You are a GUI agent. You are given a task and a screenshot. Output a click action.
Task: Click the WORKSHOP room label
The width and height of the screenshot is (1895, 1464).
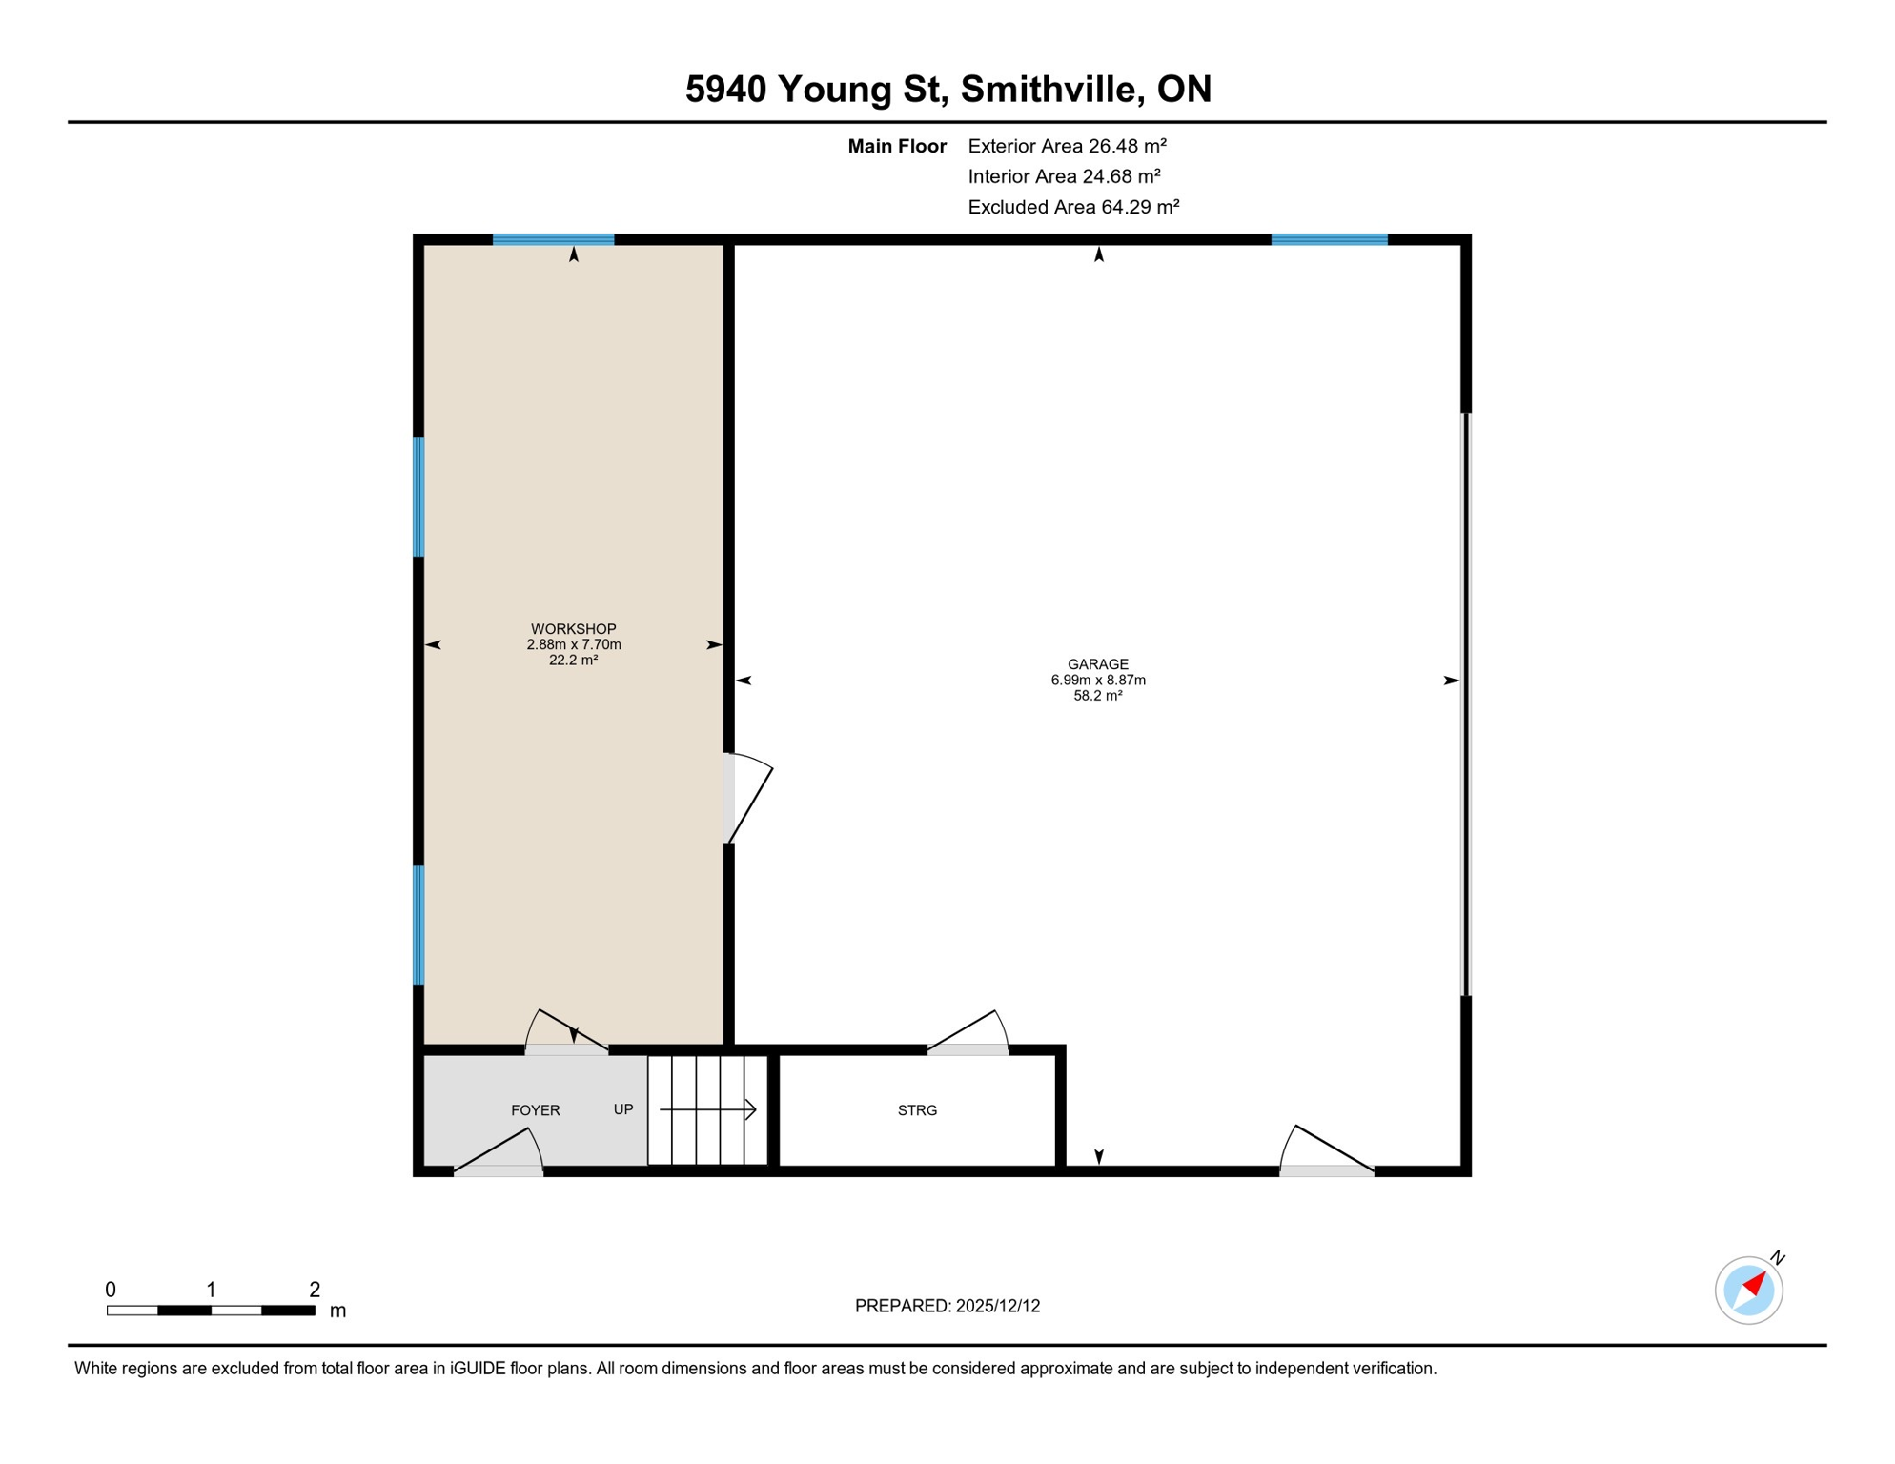point(573,629)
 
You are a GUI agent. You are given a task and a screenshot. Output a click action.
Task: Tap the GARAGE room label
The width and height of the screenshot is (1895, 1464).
point(1097,664)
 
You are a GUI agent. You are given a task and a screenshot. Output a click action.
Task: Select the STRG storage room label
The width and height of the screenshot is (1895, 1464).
point(917,1110)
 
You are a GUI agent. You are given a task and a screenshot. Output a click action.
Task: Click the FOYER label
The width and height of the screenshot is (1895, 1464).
point(535,1110)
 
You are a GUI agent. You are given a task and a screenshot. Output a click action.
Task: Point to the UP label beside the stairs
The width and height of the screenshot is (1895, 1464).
point(622,1109)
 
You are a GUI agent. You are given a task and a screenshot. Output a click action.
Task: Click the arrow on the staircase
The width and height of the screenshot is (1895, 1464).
point(707,1109)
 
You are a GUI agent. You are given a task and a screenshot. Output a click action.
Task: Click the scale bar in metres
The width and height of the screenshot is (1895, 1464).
point(211,1311)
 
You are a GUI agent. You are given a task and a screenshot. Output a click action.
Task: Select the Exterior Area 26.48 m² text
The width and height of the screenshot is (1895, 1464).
point(1066,146)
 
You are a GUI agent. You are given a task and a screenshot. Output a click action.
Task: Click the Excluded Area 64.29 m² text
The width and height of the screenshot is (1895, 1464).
point(1072,207)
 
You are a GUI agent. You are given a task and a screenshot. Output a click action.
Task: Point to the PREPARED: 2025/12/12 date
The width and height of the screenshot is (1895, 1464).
point(947,1306)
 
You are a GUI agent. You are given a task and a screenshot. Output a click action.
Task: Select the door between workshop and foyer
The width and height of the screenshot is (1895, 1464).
point(567,1035)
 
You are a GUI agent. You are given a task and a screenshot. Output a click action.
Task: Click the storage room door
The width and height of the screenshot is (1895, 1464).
point(968,1035)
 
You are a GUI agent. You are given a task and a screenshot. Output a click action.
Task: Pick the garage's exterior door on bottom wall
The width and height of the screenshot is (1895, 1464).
point(1326,1153)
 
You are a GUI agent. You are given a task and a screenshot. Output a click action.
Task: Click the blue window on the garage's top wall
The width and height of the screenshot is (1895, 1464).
point(1329,240)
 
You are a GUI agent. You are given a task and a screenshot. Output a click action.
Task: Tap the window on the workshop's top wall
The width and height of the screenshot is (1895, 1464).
point(553,240)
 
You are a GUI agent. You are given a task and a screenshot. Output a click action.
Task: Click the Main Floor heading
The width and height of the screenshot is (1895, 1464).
point(896,146)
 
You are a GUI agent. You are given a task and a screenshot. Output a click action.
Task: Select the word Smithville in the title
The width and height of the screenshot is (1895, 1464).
point(1049,89)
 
